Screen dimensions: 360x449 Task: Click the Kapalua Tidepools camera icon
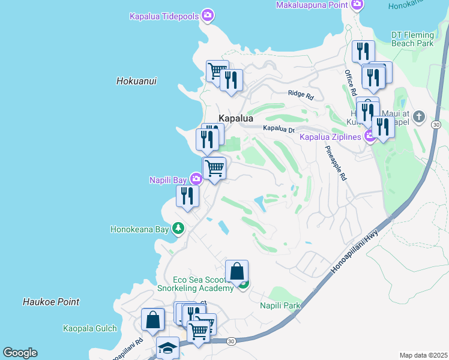208,16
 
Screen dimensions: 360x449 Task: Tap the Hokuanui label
136,81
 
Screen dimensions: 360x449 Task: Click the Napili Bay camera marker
196,179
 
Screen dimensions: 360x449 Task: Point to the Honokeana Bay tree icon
178,228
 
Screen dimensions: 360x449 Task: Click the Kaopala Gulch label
89,328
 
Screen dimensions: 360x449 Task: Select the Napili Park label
280,306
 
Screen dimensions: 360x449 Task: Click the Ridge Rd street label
301,95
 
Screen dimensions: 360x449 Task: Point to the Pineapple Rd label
336,163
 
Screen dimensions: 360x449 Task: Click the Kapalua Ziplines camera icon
370,137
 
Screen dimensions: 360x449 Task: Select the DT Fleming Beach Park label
412,39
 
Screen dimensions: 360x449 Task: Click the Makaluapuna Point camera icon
357,5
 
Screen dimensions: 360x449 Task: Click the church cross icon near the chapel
419,116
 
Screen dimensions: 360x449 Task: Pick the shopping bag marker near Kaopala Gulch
153,319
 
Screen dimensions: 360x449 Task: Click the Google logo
20,353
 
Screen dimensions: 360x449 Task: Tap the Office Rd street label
351,83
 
